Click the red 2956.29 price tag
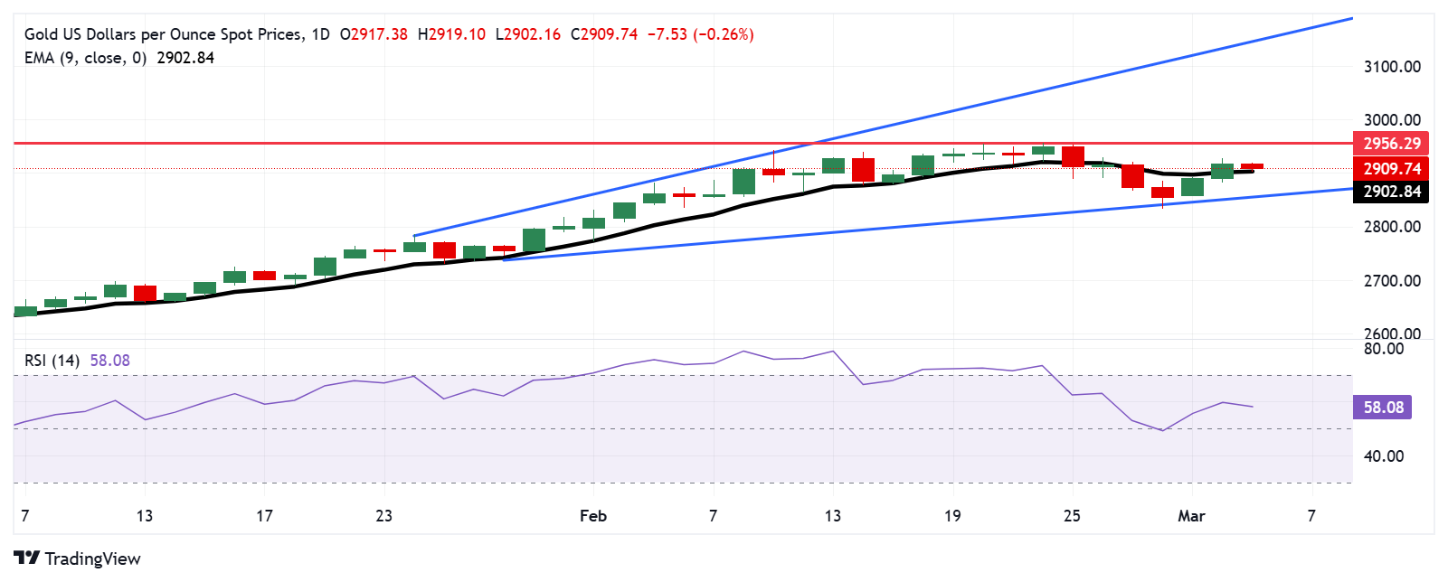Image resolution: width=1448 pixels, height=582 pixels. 1391,144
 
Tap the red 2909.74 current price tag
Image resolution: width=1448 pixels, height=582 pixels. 1391,169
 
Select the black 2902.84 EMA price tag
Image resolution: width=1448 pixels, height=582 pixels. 1391,192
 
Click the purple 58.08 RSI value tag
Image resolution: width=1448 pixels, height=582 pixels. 1383,408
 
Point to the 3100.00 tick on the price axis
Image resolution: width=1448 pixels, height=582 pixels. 1392,67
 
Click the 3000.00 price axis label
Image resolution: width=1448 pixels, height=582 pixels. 1392,120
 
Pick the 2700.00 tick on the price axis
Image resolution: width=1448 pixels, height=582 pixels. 1392,281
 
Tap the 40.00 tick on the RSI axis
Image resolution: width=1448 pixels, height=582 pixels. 1384,456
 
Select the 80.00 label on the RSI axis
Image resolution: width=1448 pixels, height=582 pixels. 1384,349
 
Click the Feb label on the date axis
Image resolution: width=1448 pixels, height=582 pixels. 593,516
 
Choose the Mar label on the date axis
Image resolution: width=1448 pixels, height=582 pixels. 1191,516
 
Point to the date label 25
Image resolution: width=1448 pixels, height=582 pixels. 1072,516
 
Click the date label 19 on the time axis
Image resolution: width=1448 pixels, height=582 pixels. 952,516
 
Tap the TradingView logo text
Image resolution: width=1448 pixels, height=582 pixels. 92,559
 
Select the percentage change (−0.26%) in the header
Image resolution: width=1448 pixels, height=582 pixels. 723,34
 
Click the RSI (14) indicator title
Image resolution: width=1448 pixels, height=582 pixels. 52,361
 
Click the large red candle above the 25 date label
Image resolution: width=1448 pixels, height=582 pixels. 1073,156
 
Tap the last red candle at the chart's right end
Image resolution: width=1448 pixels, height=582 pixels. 1252,166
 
